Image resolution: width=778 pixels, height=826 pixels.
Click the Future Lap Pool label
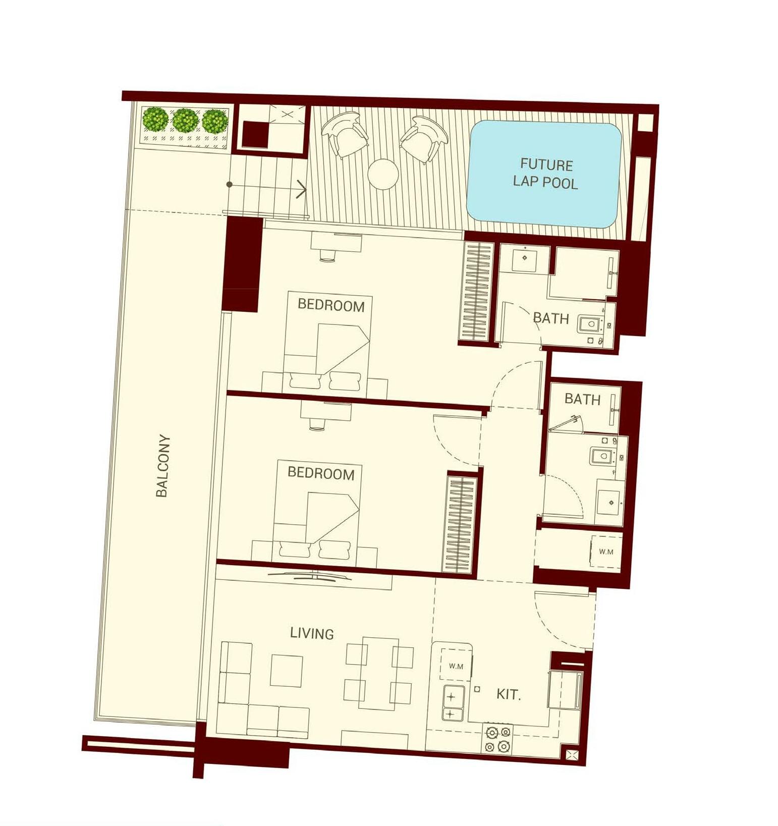tap(545, 173)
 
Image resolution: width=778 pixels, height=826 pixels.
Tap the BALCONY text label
tap(162, 466)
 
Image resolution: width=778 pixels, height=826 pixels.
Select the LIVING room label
tap(312, 633)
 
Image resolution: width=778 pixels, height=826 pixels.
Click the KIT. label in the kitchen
tap(508, 694)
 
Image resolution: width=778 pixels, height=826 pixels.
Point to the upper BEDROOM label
tap(331, 305)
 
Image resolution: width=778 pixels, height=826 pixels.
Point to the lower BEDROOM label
tap(321, 473)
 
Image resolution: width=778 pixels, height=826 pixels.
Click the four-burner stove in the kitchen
tap(497, 739)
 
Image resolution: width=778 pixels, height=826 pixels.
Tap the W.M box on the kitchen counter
tap(456, 666)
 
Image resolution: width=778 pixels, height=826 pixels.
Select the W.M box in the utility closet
tap(606, 552)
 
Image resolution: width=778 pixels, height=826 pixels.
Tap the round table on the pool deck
tap(383, 174)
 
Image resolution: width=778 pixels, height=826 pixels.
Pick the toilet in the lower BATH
tap(602, 456)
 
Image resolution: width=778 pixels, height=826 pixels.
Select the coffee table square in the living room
tap(286, 671)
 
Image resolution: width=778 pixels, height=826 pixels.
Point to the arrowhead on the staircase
tap(302, 189)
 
